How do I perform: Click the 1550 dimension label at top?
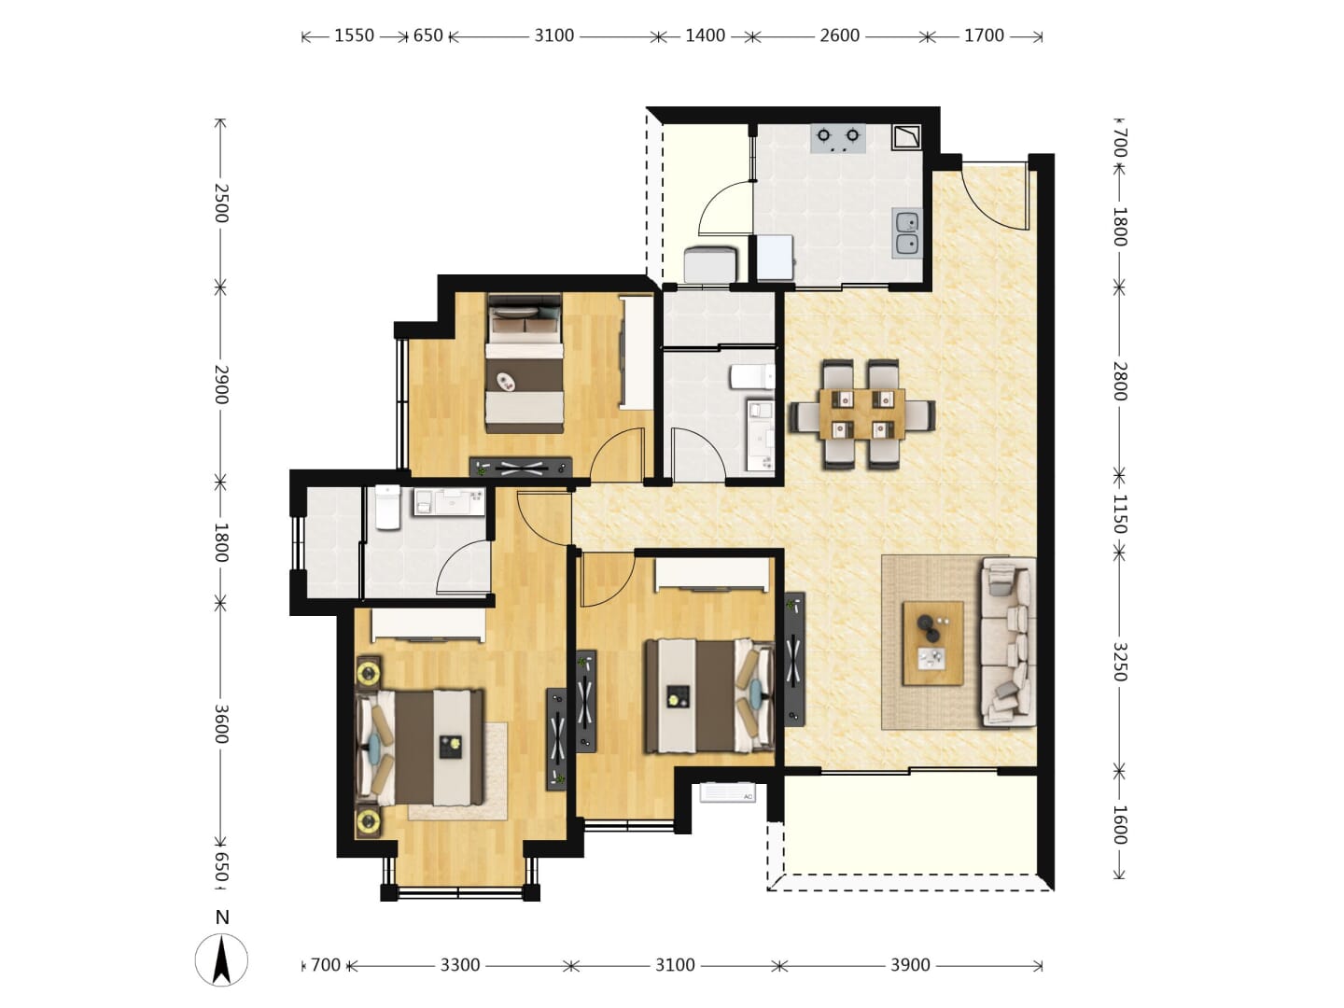[x=354, y=35]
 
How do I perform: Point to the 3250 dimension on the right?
[x=1120, y=661]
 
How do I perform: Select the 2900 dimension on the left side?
[x=221, y=385]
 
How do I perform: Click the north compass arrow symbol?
[x=221, y=959]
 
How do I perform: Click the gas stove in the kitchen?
[x=837, y=138]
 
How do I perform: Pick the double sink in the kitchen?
[x=907, y=233]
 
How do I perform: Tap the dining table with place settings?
[x=862, y=413]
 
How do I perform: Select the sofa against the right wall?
[x=1008, y=641]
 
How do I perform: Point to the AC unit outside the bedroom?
[x=727, y=792]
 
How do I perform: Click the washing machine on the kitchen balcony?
[x=710, y=264]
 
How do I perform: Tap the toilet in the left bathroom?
[x=387, y=507]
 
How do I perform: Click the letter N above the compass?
[x=222, y=917]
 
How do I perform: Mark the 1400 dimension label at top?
[x=705, y=35]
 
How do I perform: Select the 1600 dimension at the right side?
[x=1120, y=824]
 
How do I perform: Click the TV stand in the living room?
[x=794, y=659]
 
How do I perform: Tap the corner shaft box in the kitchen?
[x=906, y=137]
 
